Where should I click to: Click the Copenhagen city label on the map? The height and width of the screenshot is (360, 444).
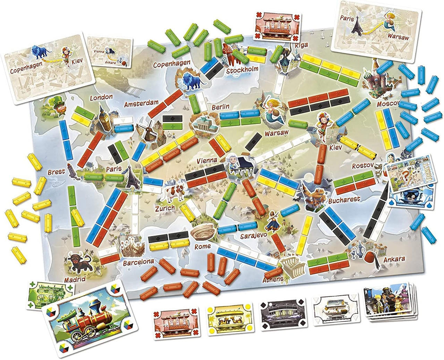tap(172, 64)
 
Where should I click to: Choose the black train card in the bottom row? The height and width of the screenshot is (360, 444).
tap(280, 312)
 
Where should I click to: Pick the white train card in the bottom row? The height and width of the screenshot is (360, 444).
tap(333, 311)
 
